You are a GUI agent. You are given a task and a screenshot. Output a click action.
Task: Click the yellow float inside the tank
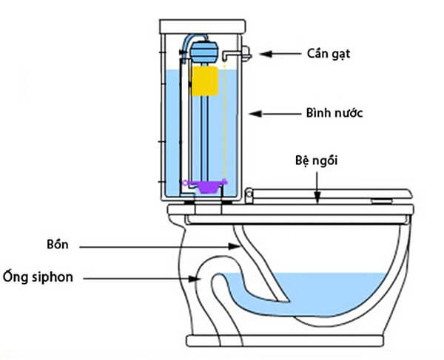coord(206,82)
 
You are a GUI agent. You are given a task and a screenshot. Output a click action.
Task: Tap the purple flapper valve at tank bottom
coord(208,186)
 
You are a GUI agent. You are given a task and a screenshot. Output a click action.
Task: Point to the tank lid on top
coord(201,27)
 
